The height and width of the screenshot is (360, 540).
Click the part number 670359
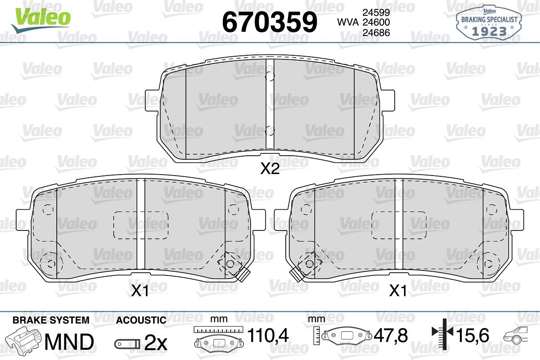[x=270, y=22]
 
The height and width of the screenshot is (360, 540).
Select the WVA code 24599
[x=376, y=12]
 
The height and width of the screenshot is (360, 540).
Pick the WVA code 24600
[x=376, y=22]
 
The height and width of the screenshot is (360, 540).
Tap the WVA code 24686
[x=376, y=32]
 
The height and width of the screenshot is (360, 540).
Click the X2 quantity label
[x=270, y=168]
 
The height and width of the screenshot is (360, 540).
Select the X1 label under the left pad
[x=140, y=291]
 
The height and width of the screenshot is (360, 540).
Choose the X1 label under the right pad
[x=398, y=291]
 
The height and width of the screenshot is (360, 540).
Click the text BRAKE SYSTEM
[x=51, y=320]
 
